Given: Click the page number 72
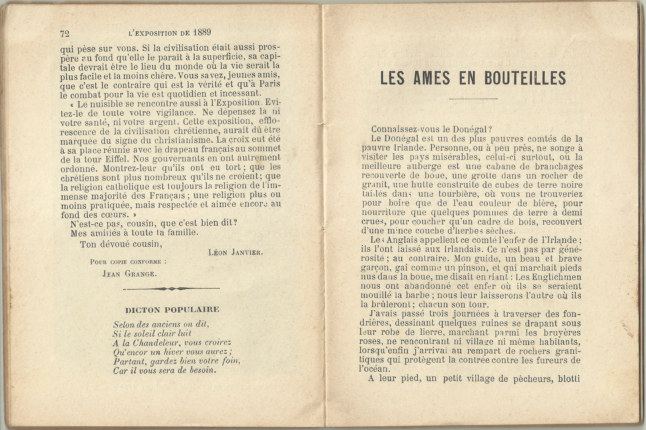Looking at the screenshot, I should pyautogui.click(x=65, y=34).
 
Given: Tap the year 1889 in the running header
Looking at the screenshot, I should pyautogui.click(x=202, y=32).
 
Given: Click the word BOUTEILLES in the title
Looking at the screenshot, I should pyautogui.click(x=525, y=78).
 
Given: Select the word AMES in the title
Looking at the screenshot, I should pyautogui.click(x=431, y=78).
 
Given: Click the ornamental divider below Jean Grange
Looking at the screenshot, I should pyautogui.click(x=171, y=289).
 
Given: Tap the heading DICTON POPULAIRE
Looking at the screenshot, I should pyautogui.click(x=172, y=310).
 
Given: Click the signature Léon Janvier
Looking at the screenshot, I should pyautogui.click(x=235, y=253).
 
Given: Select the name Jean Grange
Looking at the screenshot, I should pyautogui.click(x=130, y=274).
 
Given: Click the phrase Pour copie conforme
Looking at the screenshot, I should pyautogui.click(x=128, y=262).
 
